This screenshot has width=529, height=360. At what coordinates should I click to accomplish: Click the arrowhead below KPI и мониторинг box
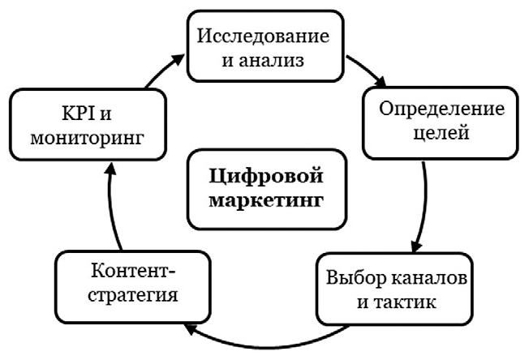tap(110, 172)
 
